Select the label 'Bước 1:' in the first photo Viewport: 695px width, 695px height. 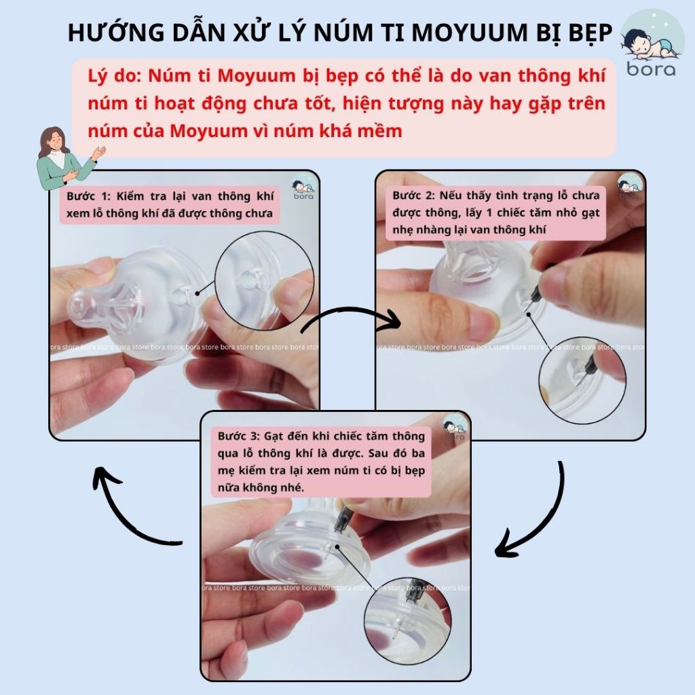pos(88,196)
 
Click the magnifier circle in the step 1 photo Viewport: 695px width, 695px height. pos(264,280)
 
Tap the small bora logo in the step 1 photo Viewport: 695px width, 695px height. pos(303,189)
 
